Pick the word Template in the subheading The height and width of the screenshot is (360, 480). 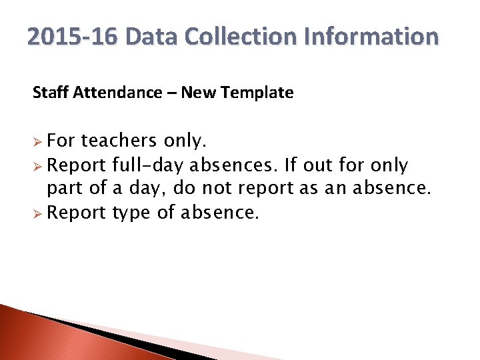(x=259, y=93)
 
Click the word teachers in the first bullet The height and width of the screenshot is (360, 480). (x=118, y=141)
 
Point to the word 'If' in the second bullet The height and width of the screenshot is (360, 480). (x=290, y=165)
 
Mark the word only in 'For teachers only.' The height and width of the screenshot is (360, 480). (x=185, y=141)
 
